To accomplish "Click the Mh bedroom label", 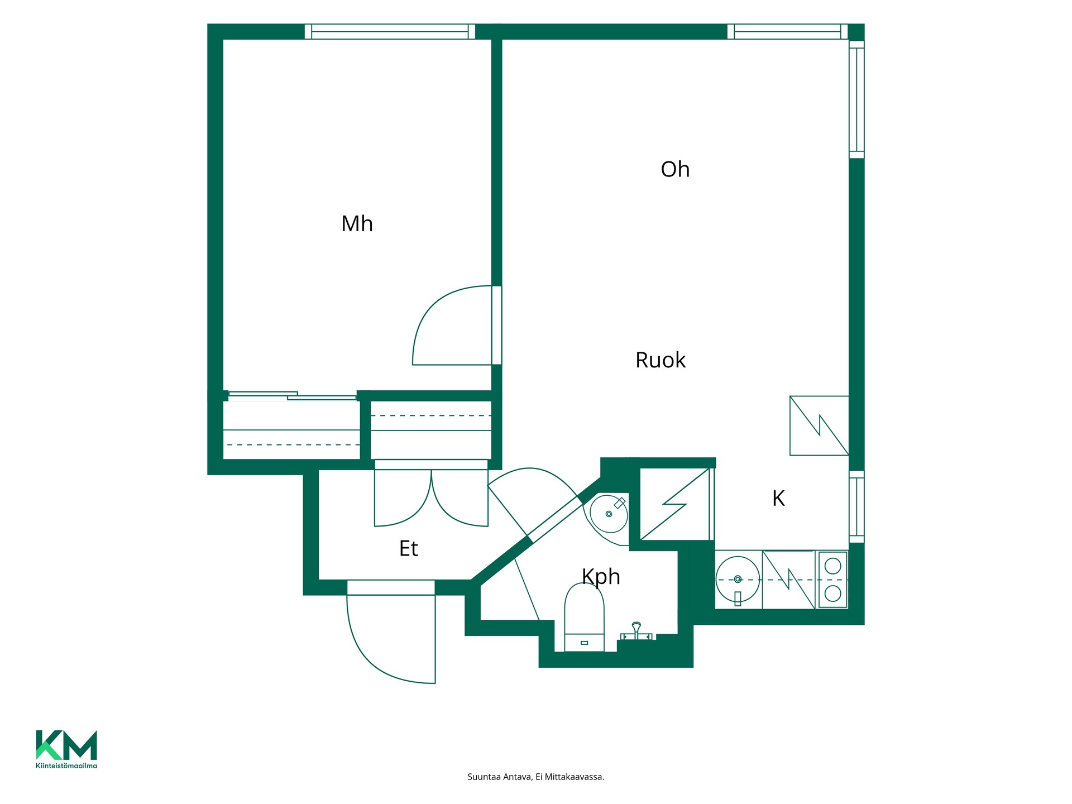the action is click(357, 224).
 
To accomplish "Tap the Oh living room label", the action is click(675, 169).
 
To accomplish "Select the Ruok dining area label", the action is click(660, 360).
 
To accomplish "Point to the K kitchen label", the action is click(778, 498).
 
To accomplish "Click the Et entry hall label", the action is click(408, 548).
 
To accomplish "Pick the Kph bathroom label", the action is click(601, 577).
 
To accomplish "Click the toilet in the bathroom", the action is click(584, 617).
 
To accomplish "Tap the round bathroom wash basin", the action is click(609, 514).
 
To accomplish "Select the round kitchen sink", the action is click(738, 579).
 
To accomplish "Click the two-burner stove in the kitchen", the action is click(832, 580).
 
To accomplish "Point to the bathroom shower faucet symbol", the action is click(636, 631).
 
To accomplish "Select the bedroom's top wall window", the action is click(390, 32).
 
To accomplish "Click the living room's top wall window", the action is click(787, 32).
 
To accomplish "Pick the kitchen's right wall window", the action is click(856, 506).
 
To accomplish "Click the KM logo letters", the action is click(66, 745).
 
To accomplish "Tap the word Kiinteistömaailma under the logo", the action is click(66, 765).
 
